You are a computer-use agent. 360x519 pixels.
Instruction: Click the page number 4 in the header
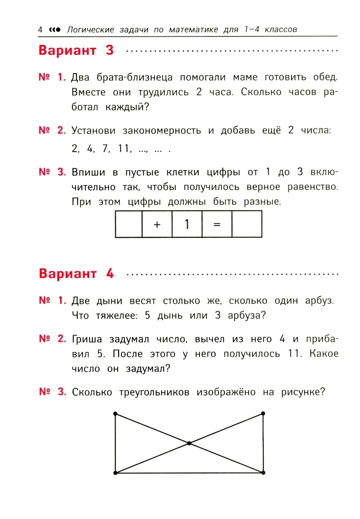pos(40,30)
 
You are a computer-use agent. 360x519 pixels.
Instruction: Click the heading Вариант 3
pos(76,50)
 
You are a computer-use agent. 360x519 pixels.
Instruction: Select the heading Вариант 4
pos(76,274)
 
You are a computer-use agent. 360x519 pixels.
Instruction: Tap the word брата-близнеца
pos(134,77)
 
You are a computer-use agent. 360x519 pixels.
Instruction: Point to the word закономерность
pos(162,130)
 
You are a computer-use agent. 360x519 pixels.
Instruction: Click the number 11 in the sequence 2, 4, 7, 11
pos(124,148)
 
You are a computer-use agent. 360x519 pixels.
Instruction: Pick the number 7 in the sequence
pos(105,148)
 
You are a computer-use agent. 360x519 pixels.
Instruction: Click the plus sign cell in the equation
pos(157,224)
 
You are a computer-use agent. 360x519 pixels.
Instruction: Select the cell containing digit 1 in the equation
pos(187,224)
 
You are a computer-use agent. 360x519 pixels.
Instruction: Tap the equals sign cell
pos(217,224)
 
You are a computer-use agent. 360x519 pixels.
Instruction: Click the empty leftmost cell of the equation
pos(129,224)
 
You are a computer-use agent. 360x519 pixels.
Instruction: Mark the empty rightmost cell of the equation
pos(247,224)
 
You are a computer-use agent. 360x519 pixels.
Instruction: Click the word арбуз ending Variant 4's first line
pos(319,301)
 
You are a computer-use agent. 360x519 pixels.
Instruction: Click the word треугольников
pos(154,392)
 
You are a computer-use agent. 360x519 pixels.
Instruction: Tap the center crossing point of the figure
pos(189,443)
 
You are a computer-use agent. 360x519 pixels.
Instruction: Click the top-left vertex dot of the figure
pos(115,414)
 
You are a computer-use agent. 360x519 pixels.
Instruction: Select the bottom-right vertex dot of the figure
pos(263,473)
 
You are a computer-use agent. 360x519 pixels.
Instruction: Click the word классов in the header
pos(281,30)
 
